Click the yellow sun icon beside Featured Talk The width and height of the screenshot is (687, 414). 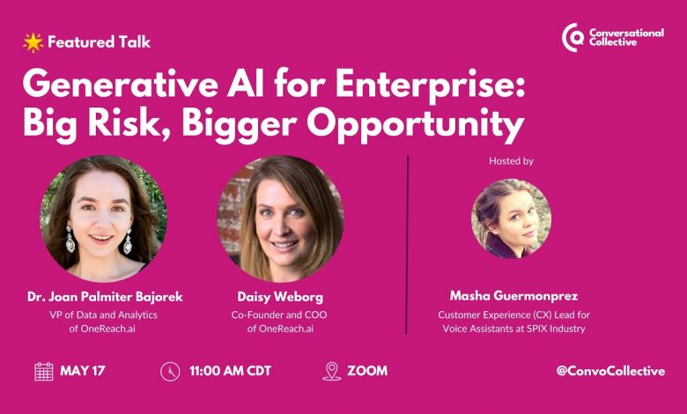coord(33,42)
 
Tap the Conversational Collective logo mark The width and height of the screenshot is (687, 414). coord(573,38)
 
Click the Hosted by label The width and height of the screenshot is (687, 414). coord(511,161)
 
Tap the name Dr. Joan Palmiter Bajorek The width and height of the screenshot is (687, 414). coord(105,297)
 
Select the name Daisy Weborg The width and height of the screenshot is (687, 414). coord(280,297)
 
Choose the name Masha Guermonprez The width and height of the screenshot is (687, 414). coord(514,296)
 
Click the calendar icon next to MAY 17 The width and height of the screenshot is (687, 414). coord(44,372)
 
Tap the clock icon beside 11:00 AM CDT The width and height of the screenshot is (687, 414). coord(170,372)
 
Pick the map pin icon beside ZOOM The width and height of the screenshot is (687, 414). coord(332,371)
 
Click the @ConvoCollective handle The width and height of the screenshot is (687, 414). coord(610,371)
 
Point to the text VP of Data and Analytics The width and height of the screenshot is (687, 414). coord(103,314)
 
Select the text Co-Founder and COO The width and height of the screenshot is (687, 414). coord(279,314)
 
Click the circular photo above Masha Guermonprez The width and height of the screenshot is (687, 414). coord(512,218)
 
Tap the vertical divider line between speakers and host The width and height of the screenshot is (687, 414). coord(408,245)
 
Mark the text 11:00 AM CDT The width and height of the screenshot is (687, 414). coord(231,371)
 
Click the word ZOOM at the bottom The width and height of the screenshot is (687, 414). coord(367,371)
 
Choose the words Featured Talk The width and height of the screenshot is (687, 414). coord(99,42)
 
